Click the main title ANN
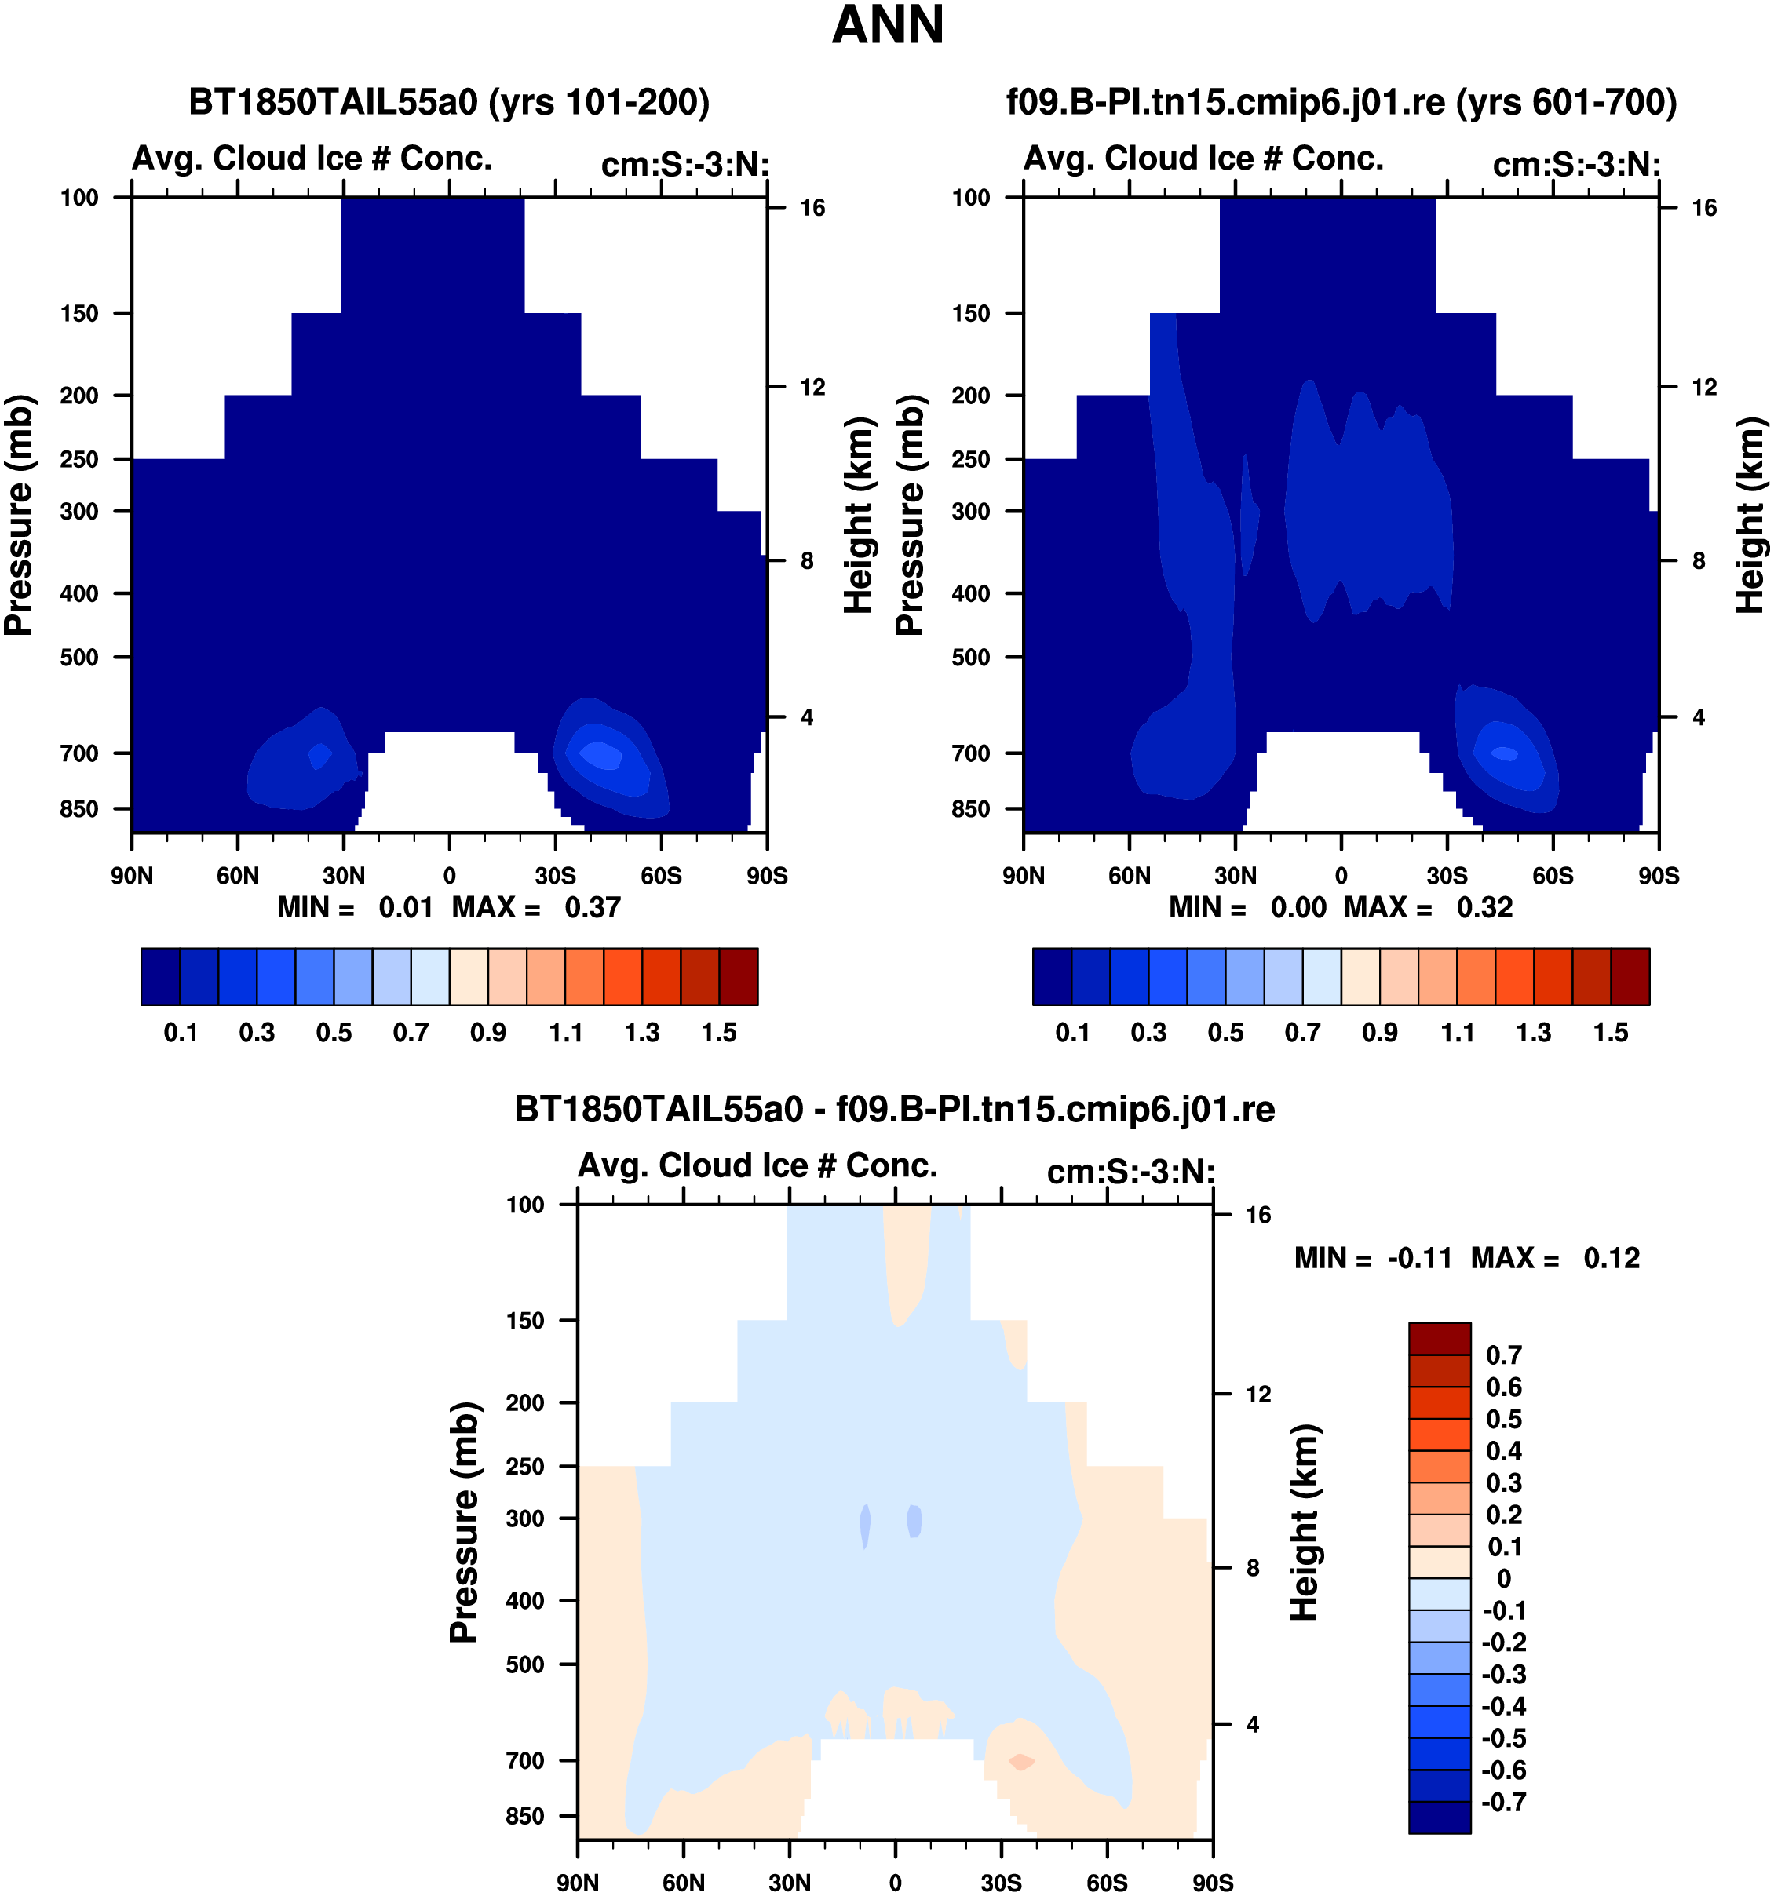point(887,25)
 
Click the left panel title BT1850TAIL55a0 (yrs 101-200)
point(449,102)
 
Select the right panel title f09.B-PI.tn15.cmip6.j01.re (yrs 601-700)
point(1341,102)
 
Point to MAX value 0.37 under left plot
point(593,907)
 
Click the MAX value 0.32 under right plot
point(1484,907)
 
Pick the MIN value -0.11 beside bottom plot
point(1419,1258)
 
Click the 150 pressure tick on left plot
point(79,313)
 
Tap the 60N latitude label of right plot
point(1130,876)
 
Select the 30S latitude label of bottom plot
point(1001,1883)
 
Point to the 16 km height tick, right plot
point(1703,208)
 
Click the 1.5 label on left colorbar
point(719,1033)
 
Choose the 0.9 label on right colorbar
point(1379,1033)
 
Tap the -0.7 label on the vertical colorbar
point(1505,1803)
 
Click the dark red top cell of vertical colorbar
point(1440,1338)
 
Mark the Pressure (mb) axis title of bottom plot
point(464,1522)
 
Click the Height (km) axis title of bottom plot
point(1305,1522)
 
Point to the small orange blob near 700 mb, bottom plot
point(1021,1762)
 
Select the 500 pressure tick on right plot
point(971,657)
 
